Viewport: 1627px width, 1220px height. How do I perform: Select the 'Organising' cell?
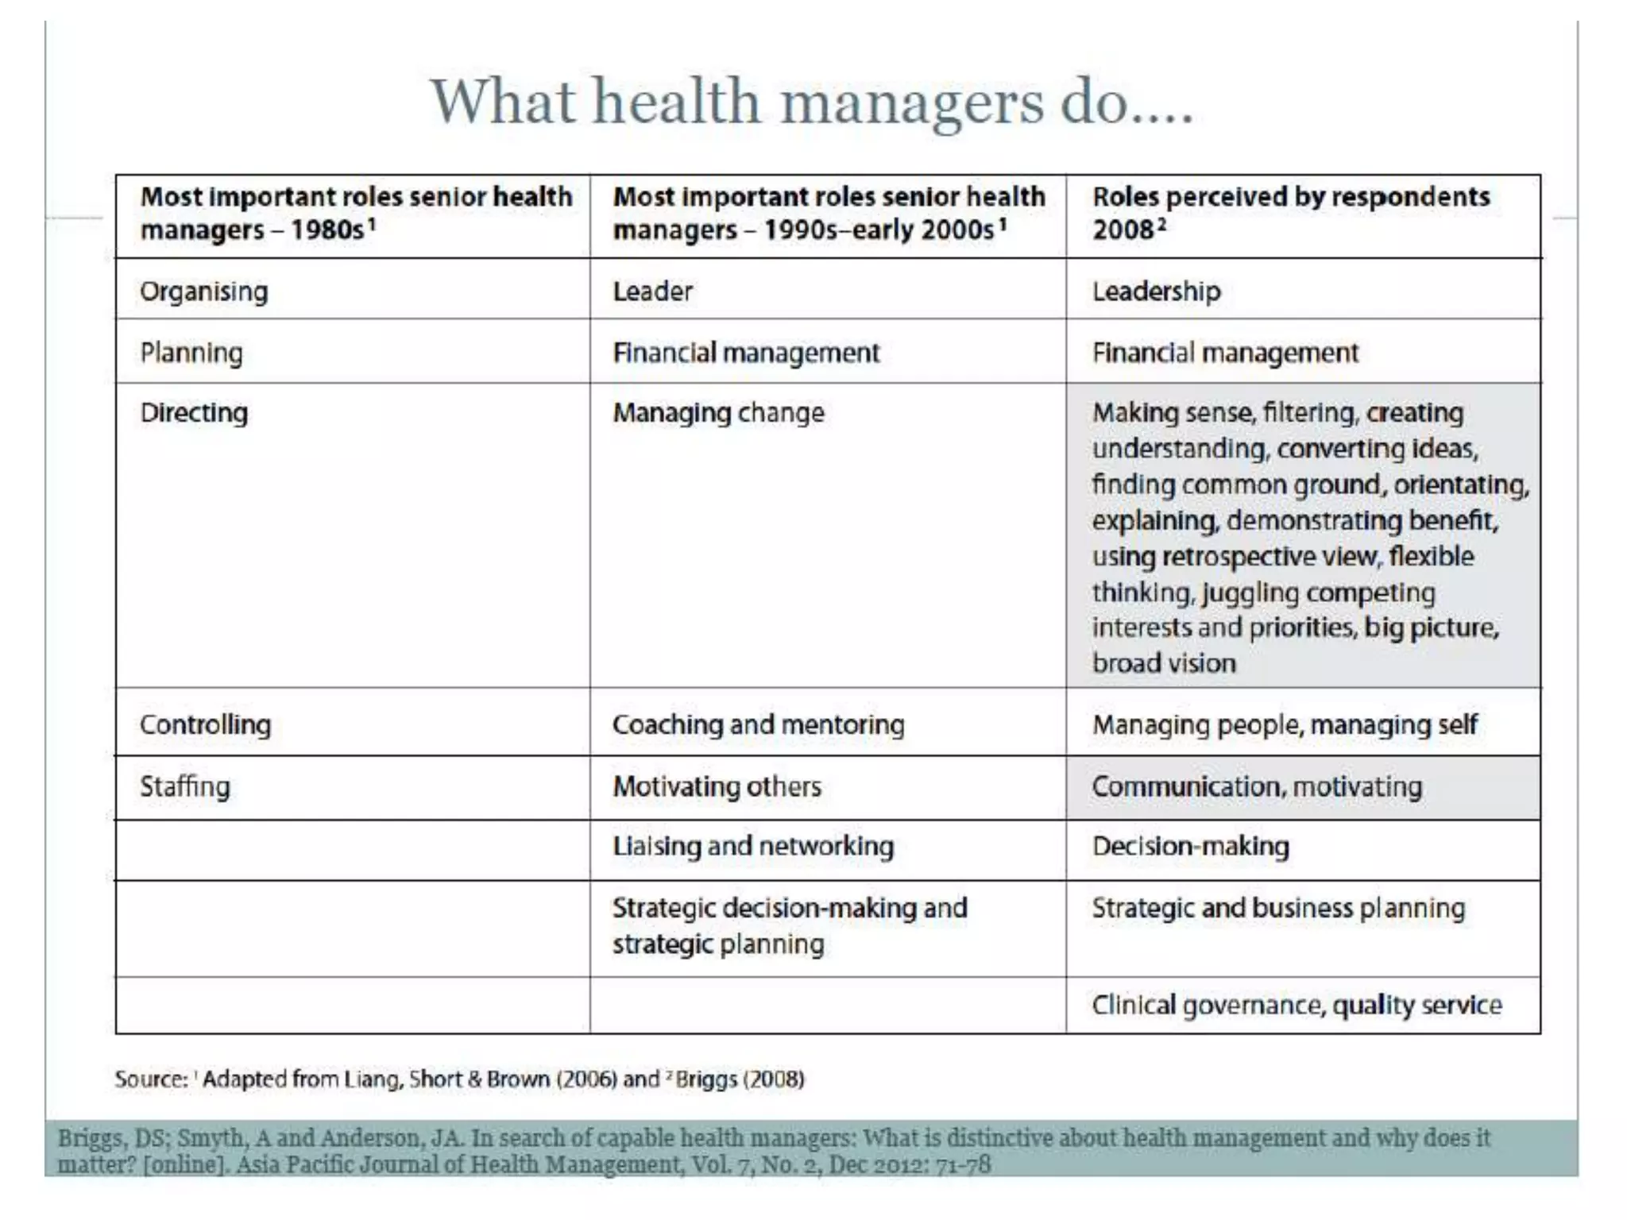tap(204, 291)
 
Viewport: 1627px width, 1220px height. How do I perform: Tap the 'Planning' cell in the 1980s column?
tap(191, 353)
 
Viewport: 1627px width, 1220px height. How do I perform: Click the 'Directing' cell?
tap(194, 413)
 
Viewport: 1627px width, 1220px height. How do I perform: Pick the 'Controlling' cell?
tap(205, 724)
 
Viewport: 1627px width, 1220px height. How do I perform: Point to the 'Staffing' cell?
tap(185, 786)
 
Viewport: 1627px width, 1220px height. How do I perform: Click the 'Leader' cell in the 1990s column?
tap(652, 291)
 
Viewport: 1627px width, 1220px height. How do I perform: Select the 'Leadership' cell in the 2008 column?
tap(1156, 291)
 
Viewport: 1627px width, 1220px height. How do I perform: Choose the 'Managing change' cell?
tap(718, 413)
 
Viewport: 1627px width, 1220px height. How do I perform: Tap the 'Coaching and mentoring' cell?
tap(758, 724)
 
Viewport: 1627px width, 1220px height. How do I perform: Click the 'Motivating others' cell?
tap(717, 786)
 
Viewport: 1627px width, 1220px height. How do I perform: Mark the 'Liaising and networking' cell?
tap(753, 847)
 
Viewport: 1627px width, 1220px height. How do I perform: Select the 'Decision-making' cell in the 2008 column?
tap(1190, 847)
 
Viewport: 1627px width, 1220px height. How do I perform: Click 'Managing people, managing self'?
tap(1285, 724)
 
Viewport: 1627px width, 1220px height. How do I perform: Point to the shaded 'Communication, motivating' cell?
tap(1257, 786)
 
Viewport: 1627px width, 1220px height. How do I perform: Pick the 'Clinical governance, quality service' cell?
tap(1297, 1006)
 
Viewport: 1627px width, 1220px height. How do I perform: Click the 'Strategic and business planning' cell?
tap(1278, 908)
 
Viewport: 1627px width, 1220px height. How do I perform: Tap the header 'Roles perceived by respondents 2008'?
tap(1291, 213)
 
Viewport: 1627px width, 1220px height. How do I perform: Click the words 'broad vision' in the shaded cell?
tap(1164, 663)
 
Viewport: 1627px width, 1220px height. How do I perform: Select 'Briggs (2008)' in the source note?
tap(739, 1079)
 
